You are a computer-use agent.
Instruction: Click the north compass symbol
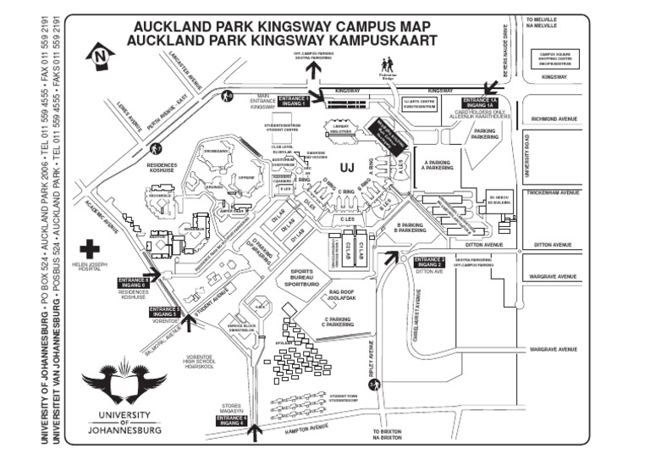101,56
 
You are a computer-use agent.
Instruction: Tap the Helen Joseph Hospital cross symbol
89,251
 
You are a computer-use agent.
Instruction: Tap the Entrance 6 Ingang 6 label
134,282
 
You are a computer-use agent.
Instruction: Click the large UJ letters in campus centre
346,166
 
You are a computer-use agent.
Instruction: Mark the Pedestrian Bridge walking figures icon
388,65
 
